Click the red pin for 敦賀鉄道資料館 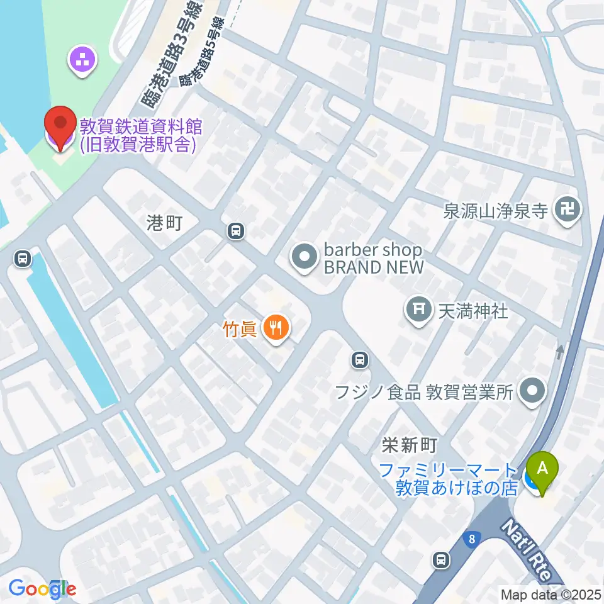(x=60, y=126)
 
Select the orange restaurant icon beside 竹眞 (x=275, y=328)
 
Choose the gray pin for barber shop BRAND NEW (x=305, y=257)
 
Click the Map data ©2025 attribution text (x=551, y=594)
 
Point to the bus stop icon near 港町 (x=236, y=232)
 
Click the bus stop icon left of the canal (x=23, y=258)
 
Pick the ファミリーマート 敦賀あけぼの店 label (x=449, y=479)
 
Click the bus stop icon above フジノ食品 (x=359, y=359)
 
